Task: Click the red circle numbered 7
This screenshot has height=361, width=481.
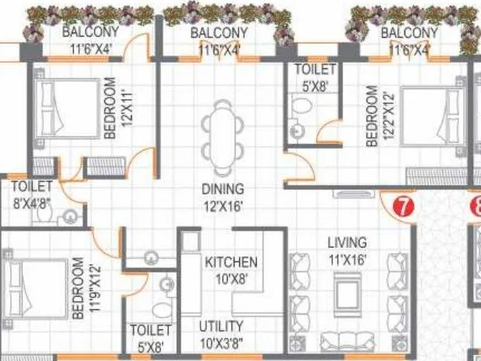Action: click(x=402, y=207)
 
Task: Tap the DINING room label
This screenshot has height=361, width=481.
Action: click(x=223, y=188)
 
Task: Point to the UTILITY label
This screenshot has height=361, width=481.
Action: click(x=221, y=326)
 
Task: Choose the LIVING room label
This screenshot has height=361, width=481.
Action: click(x=346, y=242)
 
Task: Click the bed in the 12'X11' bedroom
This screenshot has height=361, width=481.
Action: click(x=58, y=108)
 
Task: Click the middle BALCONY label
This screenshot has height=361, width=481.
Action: click(x=219, y=33)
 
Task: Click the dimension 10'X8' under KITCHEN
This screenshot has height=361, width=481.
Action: click(x=231, y=279)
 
